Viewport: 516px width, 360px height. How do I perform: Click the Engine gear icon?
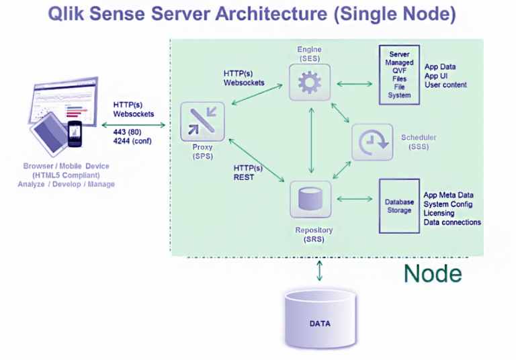[x=310, y=84]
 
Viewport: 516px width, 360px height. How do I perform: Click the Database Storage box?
[x=399, y=206]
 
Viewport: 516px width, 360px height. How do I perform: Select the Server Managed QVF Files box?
[x=399, y=75]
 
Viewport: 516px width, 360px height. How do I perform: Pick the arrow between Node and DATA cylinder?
[x=319, y=270]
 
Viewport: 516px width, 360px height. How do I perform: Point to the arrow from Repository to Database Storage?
[x=354, y=199]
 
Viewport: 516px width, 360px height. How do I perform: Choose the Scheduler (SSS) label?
[x=419, y=142]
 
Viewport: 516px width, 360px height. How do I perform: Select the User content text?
[x=445, y=85]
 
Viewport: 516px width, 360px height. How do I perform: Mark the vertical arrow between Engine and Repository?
[x=310, y=141]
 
